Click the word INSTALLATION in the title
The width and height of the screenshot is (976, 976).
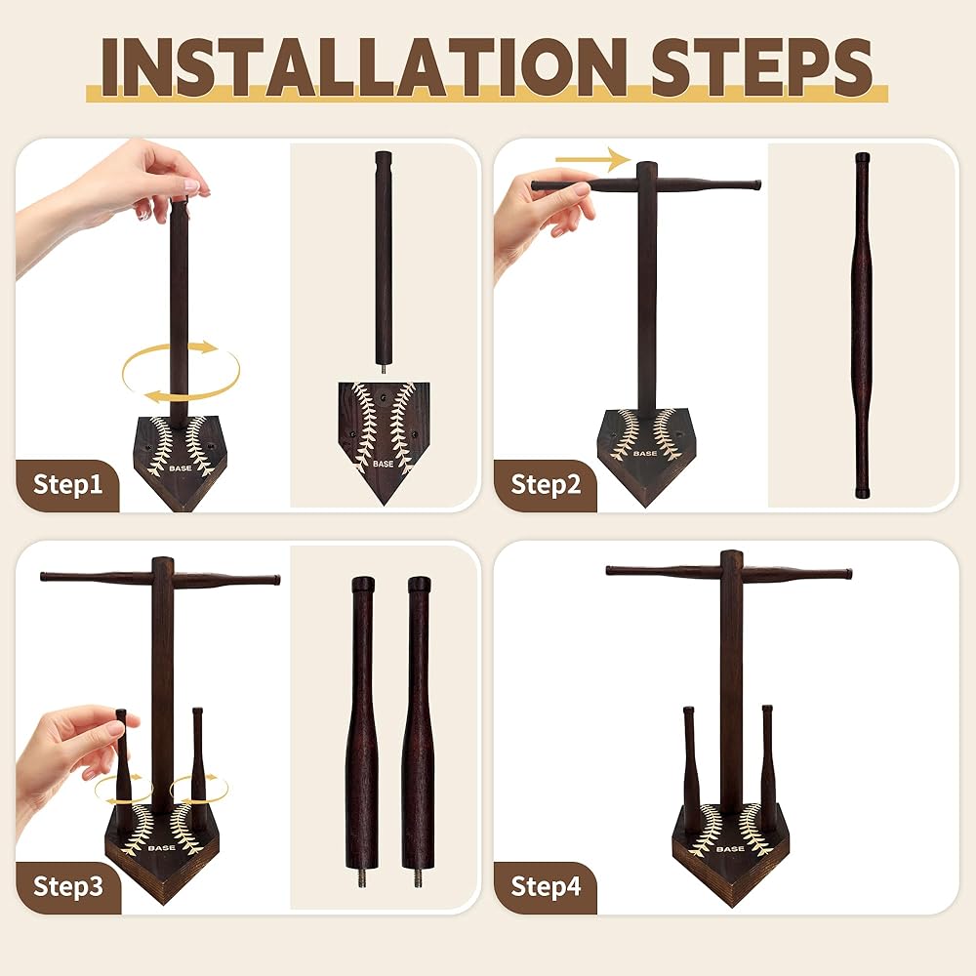coord(363,66)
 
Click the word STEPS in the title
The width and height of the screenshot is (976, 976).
coord(761,66)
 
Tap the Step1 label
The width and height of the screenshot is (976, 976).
coord(67,484)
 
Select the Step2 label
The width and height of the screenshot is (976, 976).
coord(546,484)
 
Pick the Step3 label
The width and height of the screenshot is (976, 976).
coord(68,886)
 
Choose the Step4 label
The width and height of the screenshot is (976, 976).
coord(546,886)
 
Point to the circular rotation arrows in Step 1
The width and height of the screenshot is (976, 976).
coord(181,372)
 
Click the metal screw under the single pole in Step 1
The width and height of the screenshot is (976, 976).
coord(383,368)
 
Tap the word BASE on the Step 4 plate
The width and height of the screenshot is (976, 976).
coord(730,849)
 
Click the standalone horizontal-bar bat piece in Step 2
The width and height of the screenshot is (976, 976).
coord(862,324)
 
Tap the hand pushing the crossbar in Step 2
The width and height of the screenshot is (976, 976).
coord(542,218)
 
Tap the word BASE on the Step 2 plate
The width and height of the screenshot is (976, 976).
coord(645,453)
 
